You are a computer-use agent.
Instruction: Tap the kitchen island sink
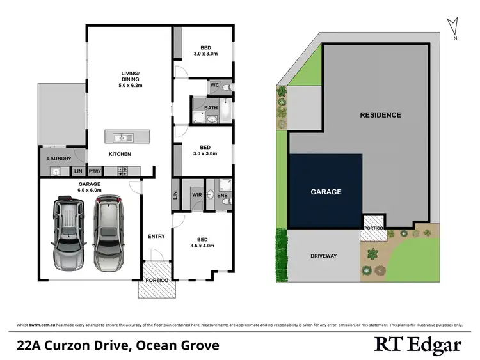pos(121,137)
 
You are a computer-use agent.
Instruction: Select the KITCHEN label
pos(120,154)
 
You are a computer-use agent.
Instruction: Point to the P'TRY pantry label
pos(95,171)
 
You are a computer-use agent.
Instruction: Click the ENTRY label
pos(156,236)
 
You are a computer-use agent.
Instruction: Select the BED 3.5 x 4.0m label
pos(202,242)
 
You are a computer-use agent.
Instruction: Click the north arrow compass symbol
pos(454,27)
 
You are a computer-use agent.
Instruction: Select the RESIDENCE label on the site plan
pos(380,115)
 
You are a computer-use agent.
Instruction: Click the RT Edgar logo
pos(417,345)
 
